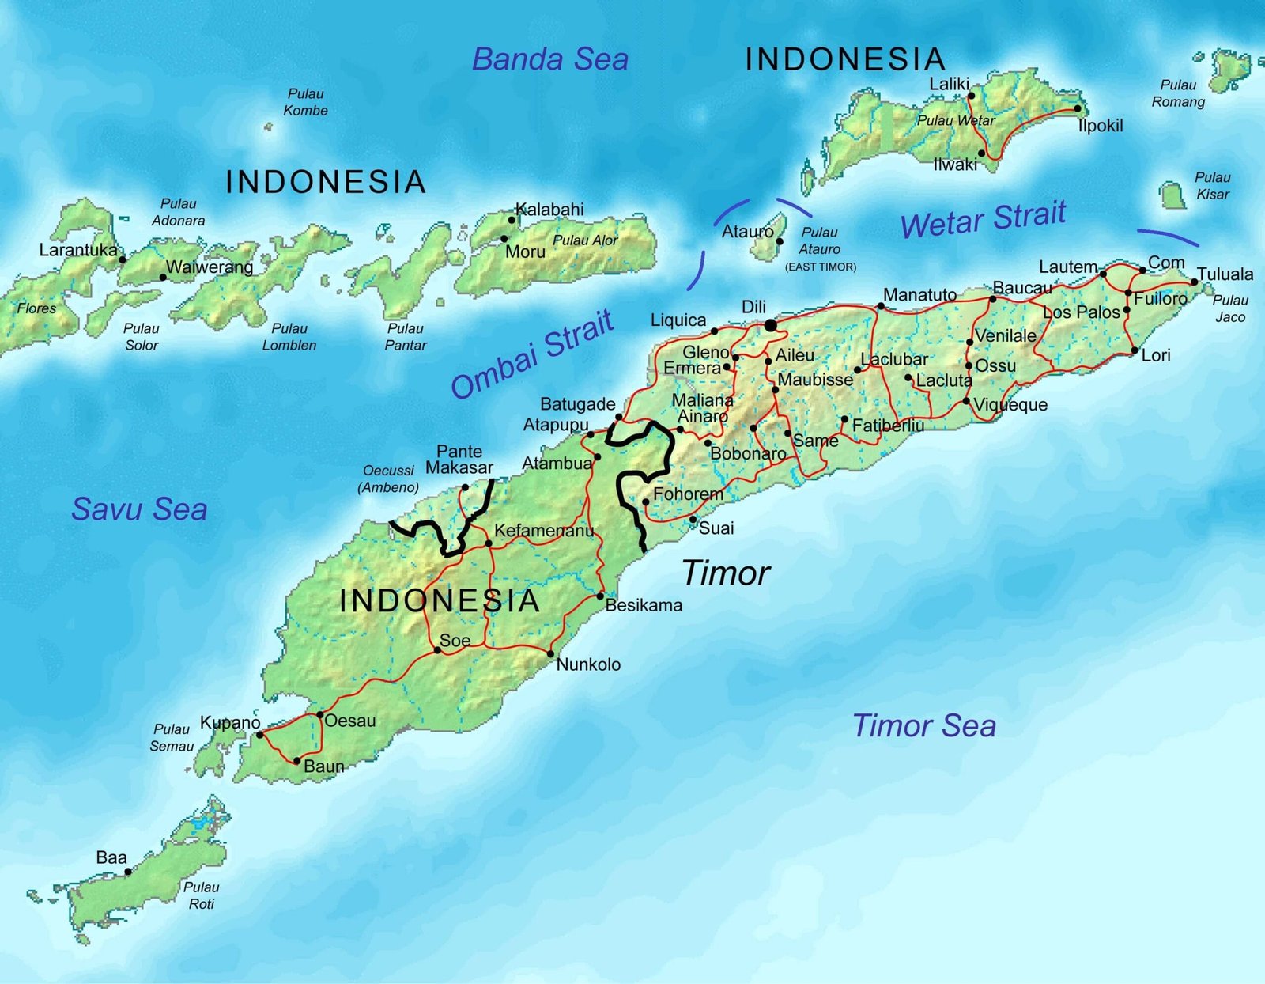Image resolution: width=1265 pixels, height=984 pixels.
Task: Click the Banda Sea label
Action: [x=549, y=59]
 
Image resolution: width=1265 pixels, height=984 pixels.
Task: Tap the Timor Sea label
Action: [x=923, y=725]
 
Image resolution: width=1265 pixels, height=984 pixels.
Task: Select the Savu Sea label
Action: [x=139, y=509]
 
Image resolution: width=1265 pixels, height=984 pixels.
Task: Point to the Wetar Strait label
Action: [x=983, y=219]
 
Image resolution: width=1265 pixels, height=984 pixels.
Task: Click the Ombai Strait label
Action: [x=532, y=354]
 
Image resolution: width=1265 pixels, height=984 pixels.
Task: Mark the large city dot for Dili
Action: [x=770, y=325]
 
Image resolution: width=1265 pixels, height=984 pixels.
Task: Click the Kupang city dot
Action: [x=259, y=735]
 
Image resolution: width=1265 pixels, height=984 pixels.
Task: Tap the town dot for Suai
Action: [x=693, y=520]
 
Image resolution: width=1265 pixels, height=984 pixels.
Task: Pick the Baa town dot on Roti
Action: [x=127, y=872]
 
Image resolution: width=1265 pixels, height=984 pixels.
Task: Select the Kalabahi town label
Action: [x=549, y=210]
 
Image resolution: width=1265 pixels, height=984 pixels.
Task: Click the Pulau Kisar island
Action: [x=1173, y=195]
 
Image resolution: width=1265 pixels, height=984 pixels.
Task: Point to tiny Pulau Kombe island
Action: [x=269, y=127]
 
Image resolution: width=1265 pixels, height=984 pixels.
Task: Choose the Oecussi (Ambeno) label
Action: [x=388, y=479]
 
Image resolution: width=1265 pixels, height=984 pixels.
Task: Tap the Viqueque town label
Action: [x=1010, y=405]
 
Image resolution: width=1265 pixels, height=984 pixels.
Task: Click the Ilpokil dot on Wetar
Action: [x=1078, y=108]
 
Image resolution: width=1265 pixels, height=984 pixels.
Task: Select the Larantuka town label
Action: [x=77, y=250]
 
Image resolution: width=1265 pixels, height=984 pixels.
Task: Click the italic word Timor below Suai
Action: [x=725, y=573]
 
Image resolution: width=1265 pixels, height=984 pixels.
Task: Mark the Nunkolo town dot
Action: [x=550, y=653]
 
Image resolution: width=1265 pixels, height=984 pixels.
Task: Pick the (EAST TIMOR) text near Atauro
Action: [x=820, y=267]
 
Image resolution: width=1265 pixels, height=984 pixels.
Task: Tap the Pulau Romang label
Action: [x=1178, y=93]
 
